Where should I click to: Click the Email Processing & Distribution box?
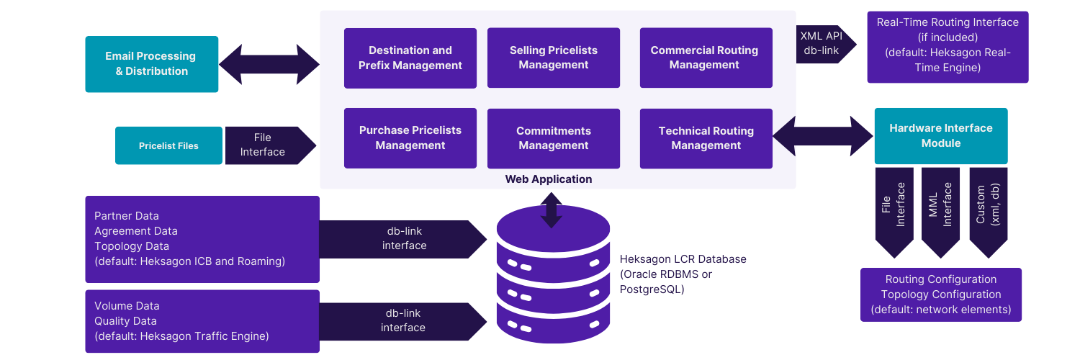[x=151, y=64]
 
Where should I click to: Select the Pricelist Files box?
[x=168, y=145]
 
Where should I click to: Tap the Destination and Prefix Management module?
[x=410, y=58]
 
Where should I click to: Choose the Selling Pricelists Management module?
[x=554, y=58]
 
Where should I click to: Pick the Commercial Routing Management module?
[x=704, y=58]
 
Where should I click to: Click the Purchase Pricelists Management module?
[x=410, y=138]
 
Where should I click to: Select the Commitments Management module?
[x=554, y=138]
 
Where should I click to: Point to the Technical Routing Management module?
[x=706, y=138]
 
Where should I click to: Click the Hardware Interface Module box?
[x=940, y=135]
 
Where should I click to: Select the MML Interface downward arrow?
[x=940, y=209]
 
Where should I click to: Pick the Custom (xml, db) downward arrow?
[x=988, y=209]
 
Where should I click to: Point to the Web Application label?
[x=549, y=179]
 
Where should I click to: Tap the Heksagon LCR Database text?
[x=683, y=274]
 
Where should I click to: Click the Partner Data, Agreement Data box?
[x=202, y=239]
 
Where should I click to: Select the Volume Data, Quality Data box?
[x=202, y=321]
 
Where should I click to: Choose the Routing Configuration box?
[x=940, y=294]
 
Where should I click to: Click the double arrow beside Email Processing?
[x=269, y=64]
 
